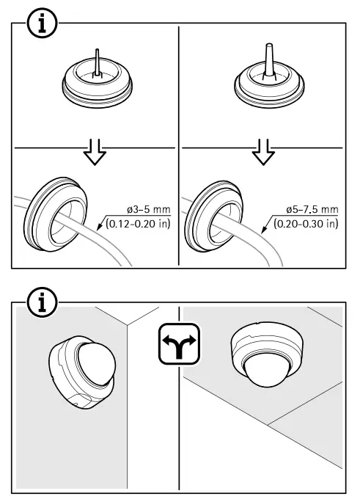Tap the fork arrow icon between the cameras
tap(180, 344)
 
